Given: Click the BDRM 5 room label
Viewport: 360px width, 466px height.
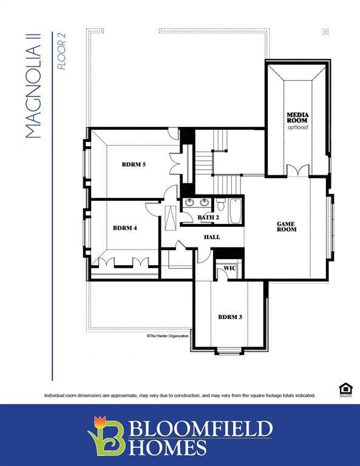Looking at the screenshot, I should [x=134, y=164].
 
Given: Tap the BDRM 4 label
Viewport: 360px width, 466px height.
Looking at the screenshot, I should [x=125, y=228].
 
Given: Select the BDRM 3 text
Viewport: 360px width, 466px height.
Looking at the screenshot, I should [x=230, y=317].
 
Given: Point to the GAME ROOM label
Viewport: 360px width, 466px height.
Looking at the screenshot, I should [x=286, y=226].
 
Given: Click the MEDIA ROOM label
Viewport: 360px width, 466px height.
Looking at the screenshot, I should [x=297, y=118].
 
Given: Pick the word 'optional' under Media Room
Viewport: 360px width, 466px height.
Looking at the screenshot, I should [x=297, y=127].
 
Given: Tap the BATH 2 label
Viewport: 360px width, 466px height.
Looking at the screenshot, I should [x=208, y=217].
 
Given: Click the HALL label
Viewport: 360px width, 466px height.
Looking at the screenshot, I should [x=212, y=237].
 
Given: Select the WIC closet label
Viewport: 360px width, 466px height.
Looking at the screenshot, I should [x=229, y=268].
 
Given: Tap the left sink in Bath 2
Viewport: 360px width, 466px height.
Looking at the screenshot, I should [x=189, y=203].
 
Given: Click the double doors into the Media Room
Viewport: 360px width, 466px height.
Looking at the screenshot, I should [x=297, y=171].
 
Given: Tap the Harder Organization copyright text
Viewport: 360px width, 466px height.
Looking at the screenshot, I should [x=168, y=336].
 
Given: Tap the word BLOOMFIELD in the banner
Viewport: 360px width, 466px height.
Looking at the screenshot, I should [x=200, y=429].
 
